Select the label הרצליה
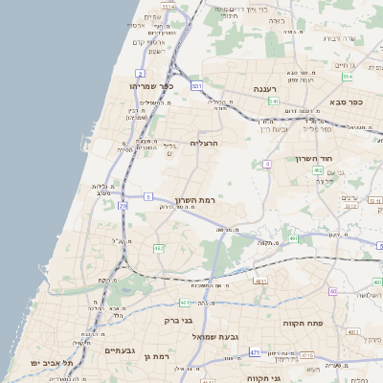point(205,143)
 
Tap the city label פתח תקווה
point(303,324)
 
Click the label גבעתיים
point(123,350)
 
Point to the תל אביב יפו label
point(46,364)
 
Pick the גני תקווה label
point(262,377)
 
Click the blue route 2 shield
point(141,73)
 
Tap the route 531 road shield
point(196,86)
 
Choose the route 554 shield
point(347,77)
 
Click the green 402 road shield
point(317,170)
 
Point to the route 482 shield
point(159,248)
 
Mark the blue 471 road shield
point(255,352)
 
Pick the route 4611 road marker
point(259,281)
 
